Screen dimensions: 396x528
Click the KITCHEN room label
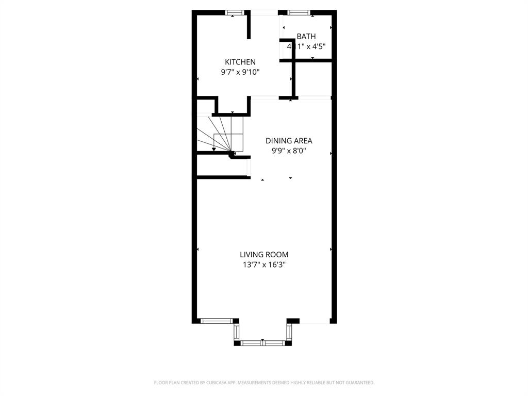tap(240, 62)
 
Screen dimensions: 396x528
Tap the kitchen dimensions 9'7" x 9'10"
tap(240, 72)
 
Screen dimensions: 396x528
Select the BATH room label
tap(306, 37)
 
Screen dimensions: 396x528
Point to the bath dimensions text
tap(306, 46)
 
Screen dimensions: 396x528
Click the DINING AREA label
tap(289, 141)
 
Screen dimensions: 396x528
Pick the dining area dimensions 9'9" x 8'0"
tap(289, 151)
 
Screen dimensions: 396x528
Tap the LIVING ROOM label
tap(264, 254)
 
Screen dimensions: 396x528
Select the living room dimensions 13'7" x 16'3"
tap(264, 265)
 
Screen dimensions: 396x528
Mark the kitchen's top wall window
tap(235, 12)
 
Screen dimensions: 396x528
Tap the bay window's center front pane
tap(262, 342)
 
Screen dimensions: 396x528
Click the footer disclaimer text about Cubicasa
tap(264, 383)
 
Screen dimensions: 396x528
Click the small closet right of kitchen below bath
tap(313, 79)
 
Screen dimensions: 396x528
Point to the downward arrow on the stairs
tap(214, 148)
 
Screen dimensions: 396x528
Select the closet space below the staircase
tap(222, 166)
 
